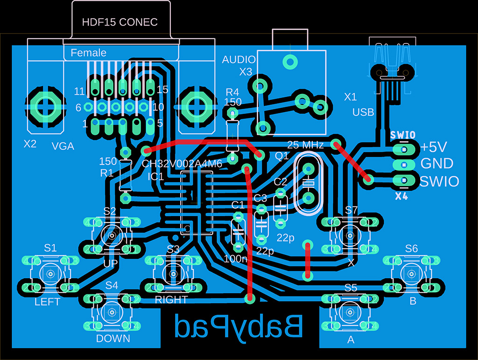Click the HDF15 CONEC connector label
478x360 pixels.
119,22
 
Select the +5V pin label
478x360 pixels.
434,147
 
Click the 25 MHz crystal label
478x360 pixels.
305,145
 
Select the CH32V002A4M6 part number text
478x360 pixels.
182,164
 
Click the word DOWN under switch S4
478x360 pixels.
113,339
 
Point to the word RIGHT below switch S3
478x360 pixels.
171,299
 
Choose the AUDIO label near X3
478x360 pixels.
239,60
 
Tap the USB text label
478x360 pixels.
363,112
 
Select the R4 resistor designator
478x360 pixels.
232,92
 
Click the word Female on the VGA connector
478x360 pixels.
88,53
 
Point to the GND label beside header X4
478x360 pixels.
437,163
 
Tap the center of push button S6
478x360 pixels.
411,273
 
